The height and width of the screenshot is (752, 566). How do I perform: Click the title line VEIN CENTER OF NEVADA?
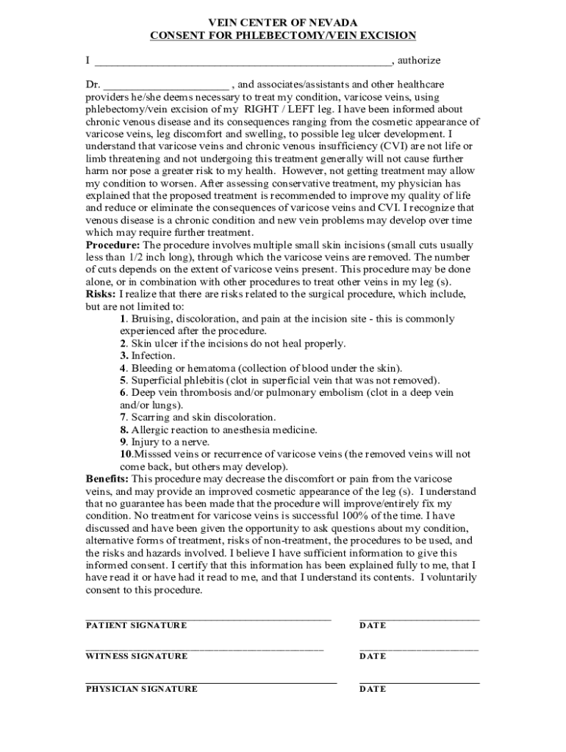coord(283,23)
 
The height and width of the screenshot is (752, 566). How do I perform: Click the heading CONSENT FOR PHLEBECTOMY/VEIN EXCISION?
coord(283,35)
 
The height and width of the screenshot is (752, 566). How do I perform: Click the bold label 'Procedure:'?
coord(113,245)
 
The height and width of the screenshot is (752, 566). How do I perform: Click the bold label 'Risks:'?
coord(101,294)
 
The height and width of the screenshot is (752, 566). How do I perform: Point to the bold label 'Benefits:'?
coord(107,479)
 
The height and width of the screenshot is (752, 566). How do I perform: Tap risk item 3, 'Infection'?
coord(152,355)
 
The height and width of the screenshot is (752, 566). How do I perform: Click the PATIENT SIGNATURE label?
coord(136,625)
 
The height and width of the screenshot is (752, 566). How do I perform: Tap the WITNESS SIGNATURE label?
coord(136,656)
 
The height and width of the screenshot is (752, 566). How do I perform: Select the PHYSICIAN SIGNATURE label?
coord(141,689)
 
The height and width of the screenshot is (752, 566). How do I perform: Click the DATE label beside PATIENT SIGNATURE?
coord(373,625)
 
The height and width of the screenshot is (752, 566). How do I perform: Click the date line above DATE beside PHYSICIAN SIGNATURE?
coord(419,683)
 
